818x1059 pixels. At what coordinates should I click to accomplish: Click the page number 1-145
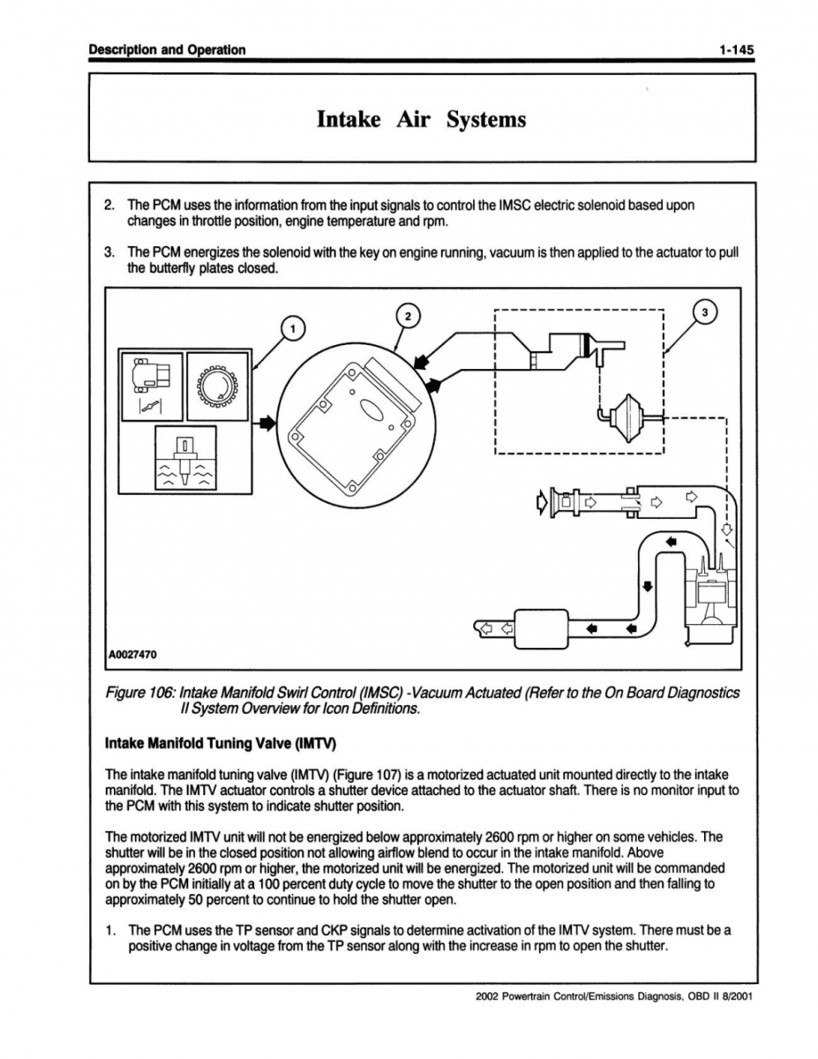coord(735,49)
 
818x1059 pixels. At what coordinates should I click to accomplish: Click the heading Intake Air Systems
coord(421,118)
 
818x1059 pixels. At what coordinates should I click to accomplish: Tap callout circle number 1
coord(293,328)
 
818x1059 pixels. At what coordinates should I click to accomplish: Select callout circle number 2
coord(406,315)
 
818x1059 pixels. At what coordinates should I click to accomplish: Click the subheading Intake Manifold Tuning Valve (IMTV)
coord(221,738)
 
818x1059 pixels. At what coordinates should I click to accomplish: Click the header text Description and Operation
coord(167,49)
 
